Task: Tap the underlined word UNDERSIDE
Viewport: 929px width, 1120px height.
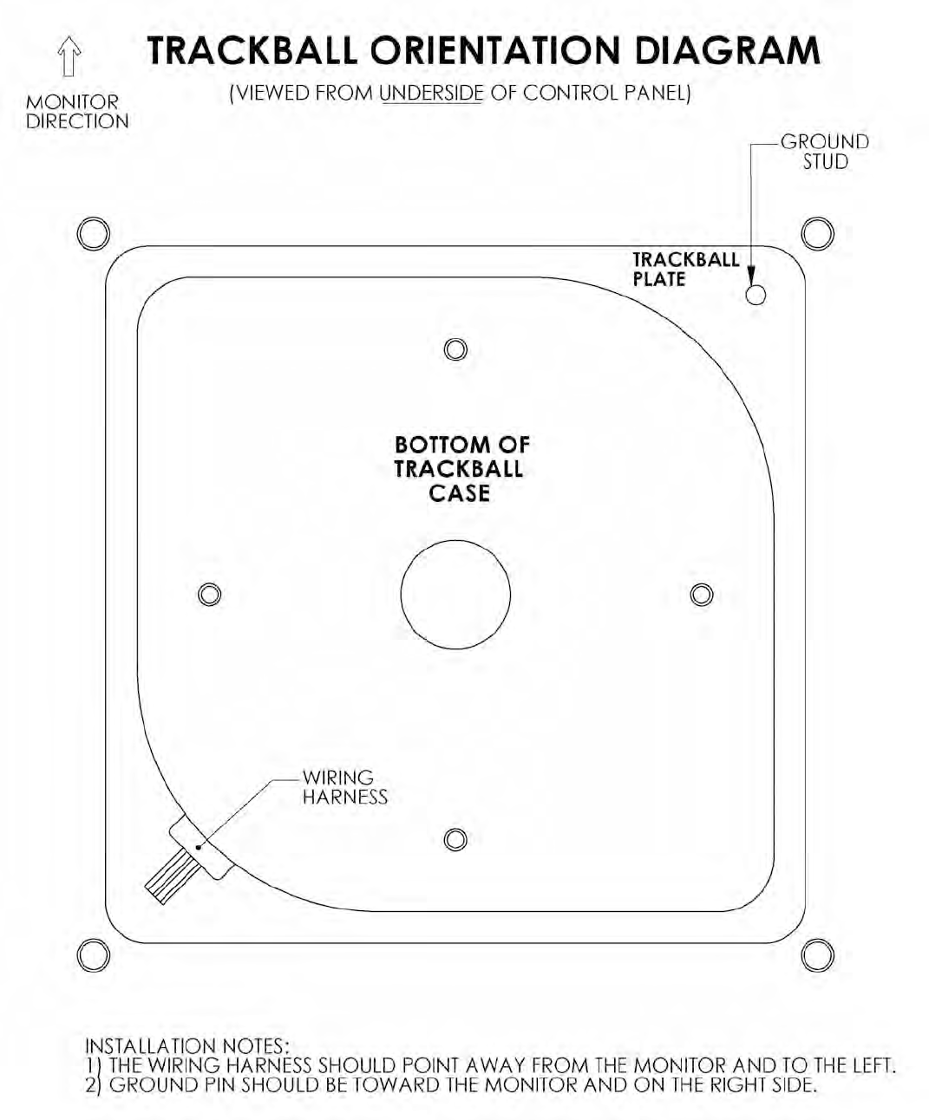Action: pos(431,94)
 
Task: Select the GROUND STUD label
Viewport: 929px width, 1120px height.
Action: pos(824,152)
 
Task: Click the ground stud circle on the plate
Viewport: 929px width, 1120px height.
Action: pos(756,295)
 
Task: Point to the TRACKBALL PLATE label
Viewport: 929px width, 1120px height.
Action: pos(685,270)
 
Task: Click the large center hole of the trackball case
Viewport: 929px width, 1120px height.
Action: pos(455,594)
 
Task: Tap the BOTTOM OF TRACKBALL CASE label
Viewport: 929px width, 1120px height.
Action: pos(461,469)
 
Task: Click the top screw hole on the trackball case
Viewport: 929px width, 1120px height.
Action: pos(455,348)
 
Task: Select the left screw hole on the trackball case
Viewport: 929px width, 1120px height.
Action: pos(208,594)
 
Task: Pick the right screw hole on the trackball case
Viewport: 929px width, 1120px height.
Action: pos(702,594)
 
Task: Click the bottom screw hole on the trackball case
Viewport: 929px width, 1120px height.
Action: pos(455,839)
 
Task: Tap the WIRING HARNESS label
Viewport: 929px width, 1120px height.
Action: pos(344,787)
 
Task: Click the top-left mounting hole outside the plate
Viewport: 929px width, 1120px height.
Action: pos(93,232)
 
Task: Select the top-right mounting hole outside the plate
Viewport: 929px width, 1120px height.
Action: pos(817,232)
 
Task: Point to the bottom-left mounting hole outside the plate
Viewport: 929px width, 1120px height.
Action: pos(93,955)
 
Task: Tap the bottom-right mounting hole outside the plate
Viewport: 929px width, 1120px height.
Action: pos(817,955)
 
